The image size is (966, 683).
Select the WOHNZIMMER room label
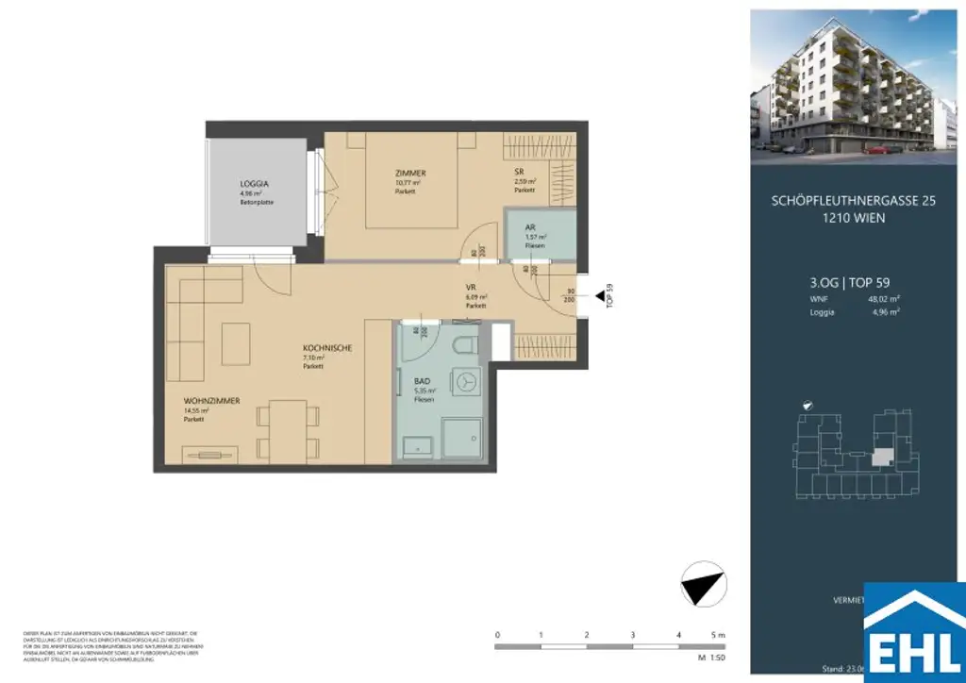[x=211, y=401]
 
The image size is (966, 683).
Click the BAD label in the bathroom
[x=422, y=382]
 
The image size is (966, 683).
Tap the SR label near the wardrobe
[x=519, y=172]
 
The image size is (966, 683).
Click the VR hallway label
[x=470, y=289]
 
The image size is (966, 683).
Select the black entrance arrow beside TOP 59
[x=601, y=299]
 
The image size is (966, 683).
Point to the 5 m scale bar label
[x=722, y=634]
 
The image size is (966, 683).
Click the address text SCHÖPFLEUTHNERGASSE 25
[x=854, y=201]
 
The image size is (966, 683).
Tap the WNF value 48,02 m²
[x=884, y=298]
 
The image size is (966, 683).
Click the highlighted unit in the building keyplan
[x=880, y=458]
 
